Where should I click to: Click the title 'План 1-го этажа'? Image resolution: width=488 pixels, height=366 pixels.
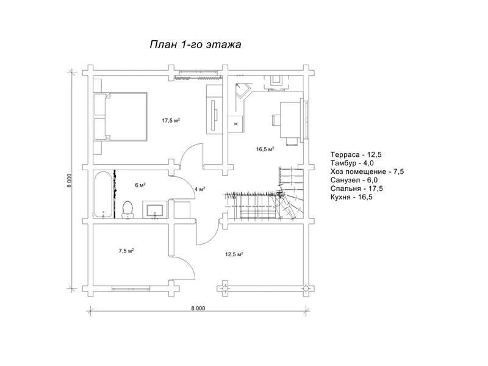[x=195, y=45]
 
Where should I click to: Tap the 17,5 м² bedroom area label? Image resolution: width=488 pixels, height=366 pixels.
[x=171, y=120]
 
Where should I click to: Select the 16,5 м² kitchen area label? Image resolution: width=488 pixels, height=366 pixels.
[x=265, y=149]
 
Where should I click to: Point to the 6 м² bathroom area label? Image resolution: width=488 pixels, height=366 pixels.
[x=140, y=185]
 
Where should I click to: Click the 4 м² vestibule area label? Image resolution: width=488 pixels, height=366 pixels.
[x=199, y=189]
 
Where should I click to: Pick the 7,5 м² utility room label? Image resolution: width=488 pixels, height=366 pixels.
[x=126, y=251]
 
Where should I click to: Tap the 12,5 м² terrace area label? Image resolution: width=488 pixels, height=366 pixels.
[x=234, y=254]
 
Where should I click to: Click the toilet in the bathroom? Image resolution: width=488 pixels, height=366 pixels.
[x=127, y=209]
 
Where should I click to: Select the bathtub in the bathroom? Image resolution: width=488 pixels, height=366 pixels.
[x=102, y=194]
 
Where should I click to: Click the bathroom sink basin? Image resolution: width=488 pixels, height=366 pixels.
[x=155, y=210]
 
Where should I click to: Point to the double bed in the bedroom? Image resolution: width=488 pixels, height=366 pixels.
[x=120, y=117]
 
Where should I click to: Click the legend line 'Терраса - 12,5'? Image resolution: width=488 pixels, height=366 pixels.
[x=356, y=155]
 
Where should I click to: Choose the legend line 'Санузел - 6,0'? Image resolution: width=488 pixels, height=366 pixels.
[x=354, y=180]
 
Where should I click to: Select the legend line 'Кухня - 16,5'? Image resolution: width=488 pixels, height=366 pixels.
[x=351, y=197]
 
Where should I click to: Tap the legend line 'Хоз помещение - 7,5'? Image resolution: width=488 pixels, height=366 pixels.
[x=367, y=172]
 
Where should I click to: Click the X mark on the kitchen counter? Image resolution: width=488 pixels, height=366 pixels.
[x=235, y=124]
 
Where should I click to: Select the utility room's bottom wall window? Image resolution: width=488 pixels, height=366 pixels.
[x=131, y=289]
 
